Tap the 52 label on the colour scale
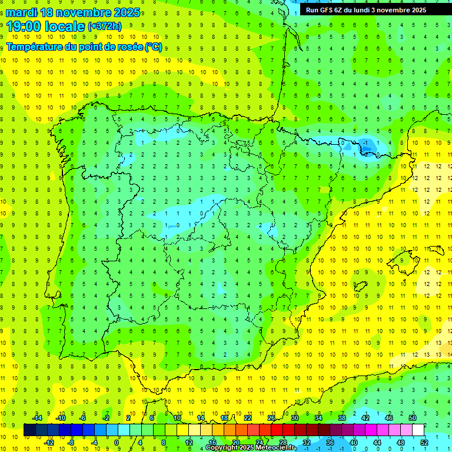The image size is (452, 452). click(424, 442)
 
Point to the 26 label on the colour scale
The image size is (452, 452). click(271, 418)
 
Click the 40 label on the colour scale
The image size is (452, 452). click(354, 442)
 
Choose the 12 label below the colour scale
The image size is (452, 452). click(189, 442)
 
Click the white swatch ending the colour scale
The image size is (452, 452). click(418, 430)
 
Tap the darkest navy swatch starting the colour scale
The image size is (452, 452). click(30, 430)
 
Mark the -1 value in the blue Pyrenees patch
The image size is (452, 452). click(366, 143)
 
